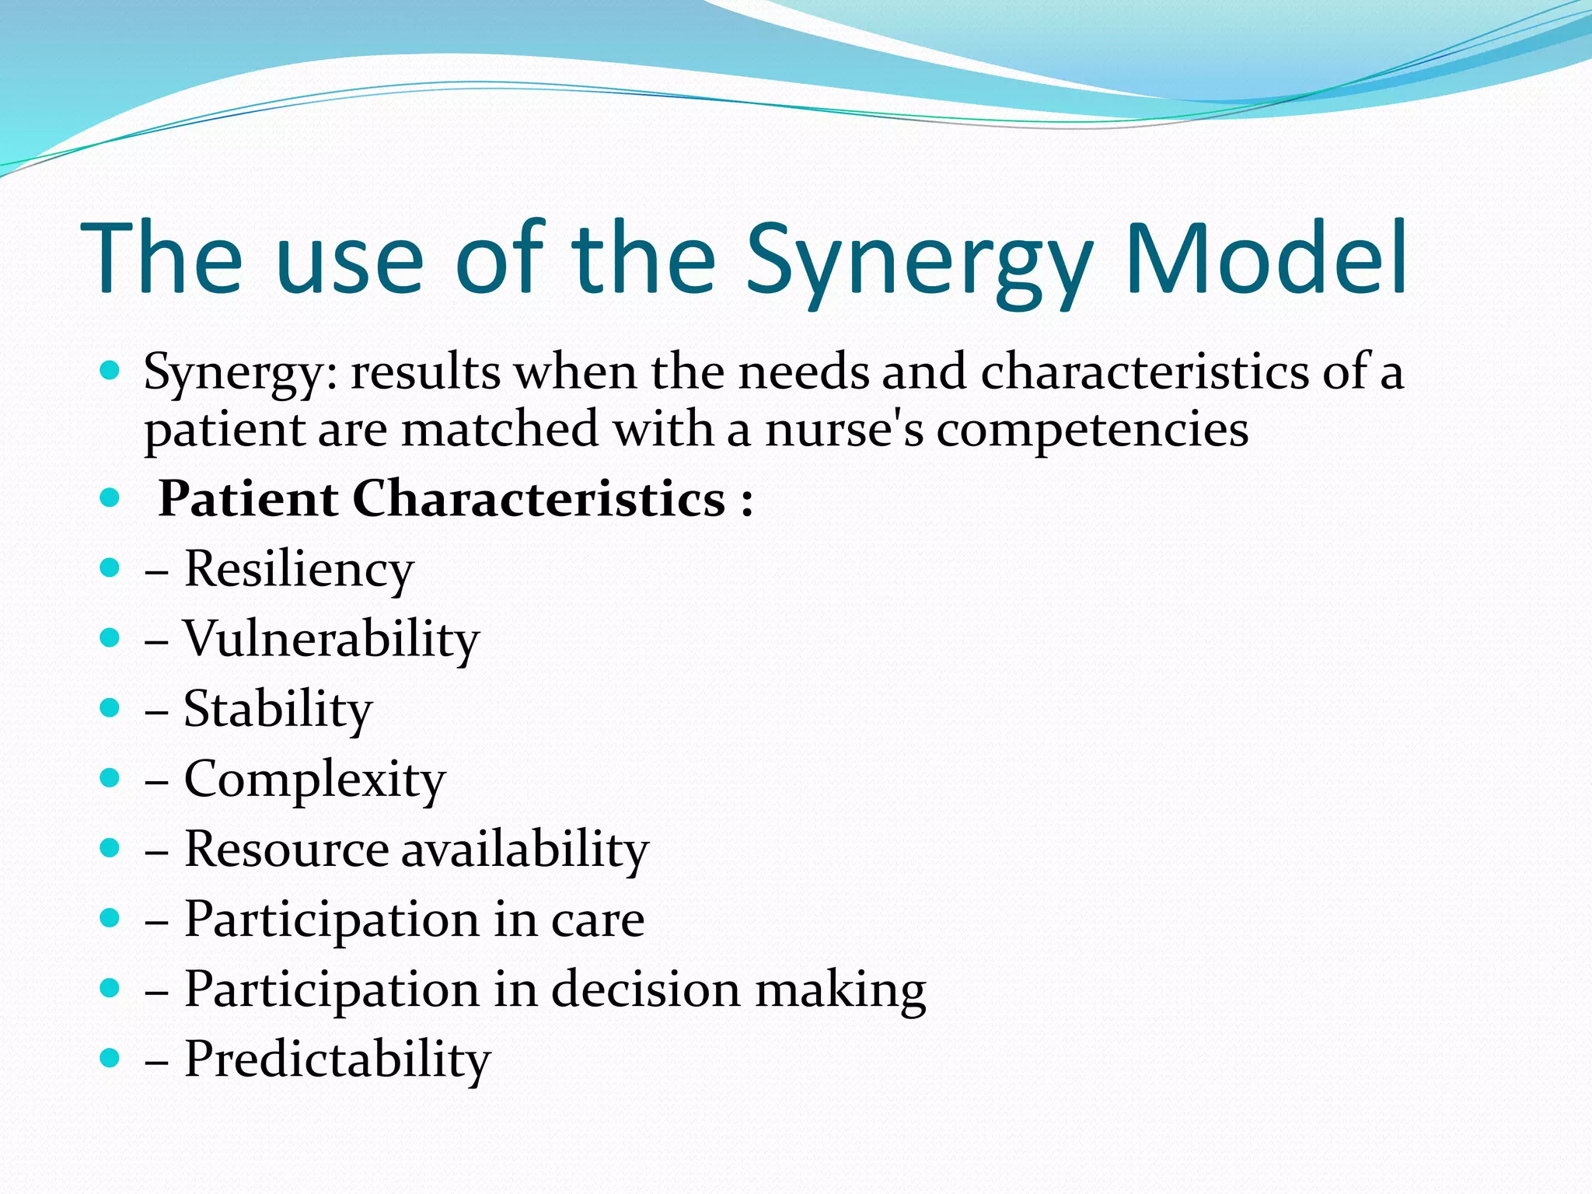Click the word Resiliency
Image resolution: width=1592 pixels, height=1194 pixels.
point(298,569)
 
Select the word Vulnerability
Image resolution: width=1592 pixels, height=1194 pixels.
point(331,639)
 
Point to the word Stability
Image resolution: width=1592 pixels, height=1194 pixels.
point(278,709)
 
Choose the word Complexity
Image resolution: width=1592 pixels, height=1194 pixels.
point(315,780)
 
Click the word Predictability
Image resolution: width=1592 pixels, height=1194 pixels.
point(337,1059)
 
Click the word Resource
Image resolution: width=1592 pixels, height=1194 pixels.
point(286,849)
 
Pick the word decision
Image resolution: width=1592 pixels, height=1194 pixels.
point(646,989)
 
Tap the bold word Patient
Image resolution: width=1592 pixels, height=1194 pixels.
point(247,498)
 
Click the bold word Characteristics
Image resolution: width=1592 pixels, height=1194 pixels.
point(539,498)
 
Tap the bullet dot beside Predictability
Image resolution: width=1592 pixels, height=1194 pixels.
point(110,1058)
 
